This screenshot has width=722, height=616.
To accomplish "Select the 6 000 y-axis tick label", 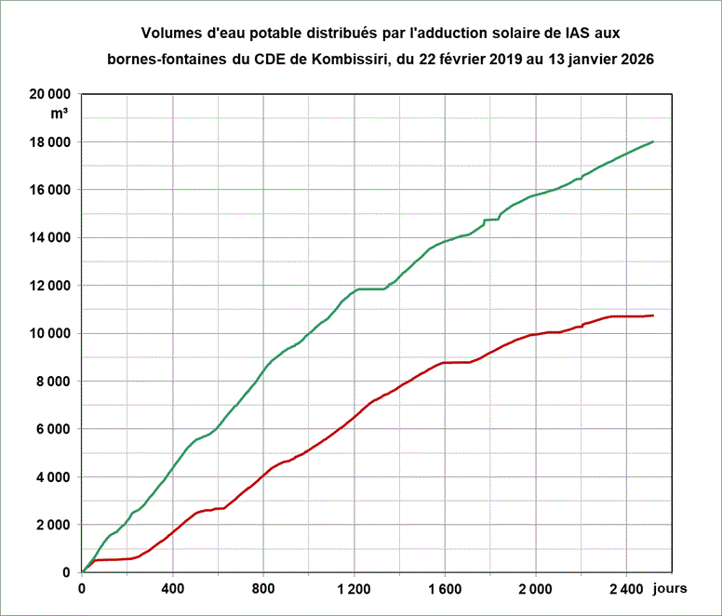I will [x=51, y=429].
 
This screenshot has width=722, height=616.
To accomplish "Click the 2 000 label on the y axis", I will [x=51, y=525].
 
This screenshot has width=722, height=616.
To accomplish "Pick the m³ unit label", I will [x=60, y=114].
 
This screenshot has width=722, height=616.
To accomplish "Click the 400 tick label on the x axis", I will [x=172, y=589].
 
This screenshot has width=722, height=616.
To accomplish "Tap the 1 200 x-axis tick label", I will [x=354, y=589].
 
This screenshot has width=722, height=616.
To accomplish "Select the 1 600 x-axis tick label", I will [x=445, y=589].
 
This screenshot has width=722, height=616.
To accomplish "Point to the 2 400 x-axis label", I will [x=625, y=589].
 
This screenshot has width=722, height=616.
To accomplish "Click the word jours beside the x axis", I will [x=670, y=589].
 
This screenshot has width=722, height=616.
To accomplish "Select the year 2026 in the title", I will [x=635, y=59].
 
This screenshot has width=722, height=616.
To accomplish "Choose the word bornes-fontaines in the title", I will [x=164, y=59].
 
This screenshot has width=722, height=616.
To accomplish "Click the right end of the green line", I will [x=653, y=141].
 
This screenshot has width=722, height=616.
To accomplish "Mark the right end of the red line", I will [x=653, y=315].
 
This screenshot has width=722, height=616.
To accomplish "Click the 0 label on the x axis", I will [x=82, y=589].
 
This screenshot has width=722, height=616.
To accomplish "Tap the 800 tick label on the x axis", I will [x=263, y=589].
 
